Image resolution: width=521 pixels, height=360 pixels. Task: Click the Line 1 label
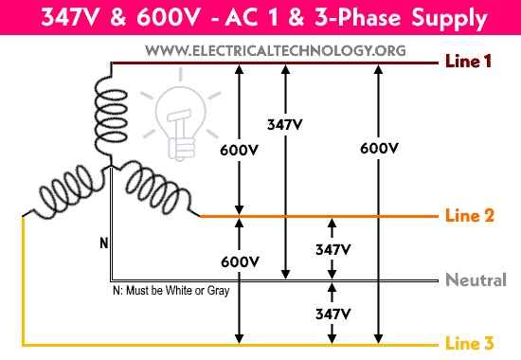point(469,63)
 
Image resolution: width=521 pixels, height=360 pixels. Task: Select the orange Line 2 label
point(469,216)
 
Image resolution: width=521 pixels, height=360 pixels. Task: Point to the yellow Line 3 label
point(469,345)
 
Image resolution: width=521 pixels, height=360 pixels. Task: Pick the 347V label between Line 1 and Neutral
point(285,124)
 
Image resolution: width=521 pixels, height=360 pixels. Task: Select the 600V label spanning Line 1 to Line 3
point(379,148)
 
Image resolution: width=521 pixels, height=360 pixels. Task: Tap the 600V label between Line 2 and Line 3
point(239,261)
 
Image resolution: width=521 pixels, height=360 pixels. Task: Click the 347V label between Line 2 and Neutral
point(332,249)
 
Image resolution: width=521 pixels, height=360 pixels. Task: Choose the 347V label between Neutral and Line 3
point(332,312)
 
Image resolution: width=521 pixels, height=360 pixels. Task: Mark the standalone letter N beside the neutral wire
point(103,243)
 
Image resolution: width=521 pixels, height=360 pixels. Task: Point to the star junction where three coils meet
point(111,168)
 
